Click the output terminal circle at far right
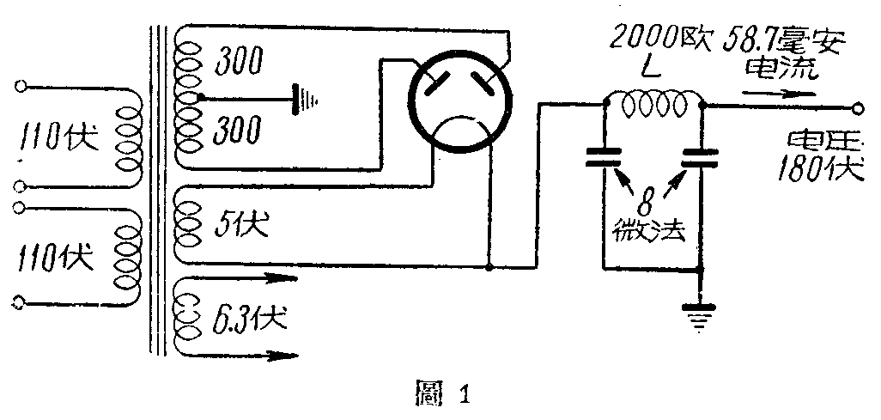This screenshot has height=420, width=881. (x=858, y=109)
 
